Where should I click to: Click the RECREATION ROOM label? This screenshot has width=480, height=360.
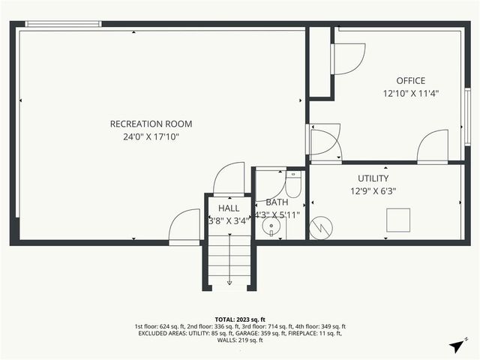coord(151,124)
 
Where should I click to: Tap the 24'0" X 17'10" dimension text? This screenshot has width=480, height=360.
coord(151,137)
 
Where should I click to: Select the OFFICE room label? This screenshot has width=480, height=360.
coord(410,81)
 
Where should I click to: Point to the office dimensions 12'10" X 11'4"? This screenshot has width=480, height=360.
coord(410,94)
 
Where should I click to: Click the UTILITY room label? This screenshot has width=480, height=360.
coord(373,178)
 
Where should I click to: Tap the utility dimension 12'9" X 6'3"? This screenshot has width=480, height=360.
coord(373,191)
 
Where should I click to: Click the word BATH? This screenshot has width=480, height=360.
coord(277,202)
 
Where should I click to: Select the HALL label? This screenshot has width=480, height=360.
coord(229,208)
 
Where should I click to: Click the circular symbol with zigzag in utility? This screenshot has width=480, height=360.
coord(320,226)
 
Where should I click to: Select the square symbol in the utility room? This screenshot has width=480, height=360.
coord(397,220)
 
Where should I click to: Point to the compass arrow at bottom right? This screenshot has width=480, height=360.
coord(457,345)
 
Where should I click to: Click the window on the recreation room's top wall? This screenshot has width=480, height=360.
coord(63,24)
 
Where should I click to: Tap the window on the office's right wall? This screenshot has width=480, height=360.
coord(466,113)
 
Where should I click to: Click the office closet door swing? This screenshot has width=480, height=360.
coord(346,58)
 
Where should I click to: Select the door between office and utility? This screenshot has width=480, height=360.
coord(433,146)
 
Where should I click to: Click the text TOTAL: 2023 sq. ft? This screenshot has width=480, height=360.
coord(240,319)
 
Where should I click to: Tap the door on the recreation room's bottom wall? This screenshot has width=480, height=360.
coord(184,227)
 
